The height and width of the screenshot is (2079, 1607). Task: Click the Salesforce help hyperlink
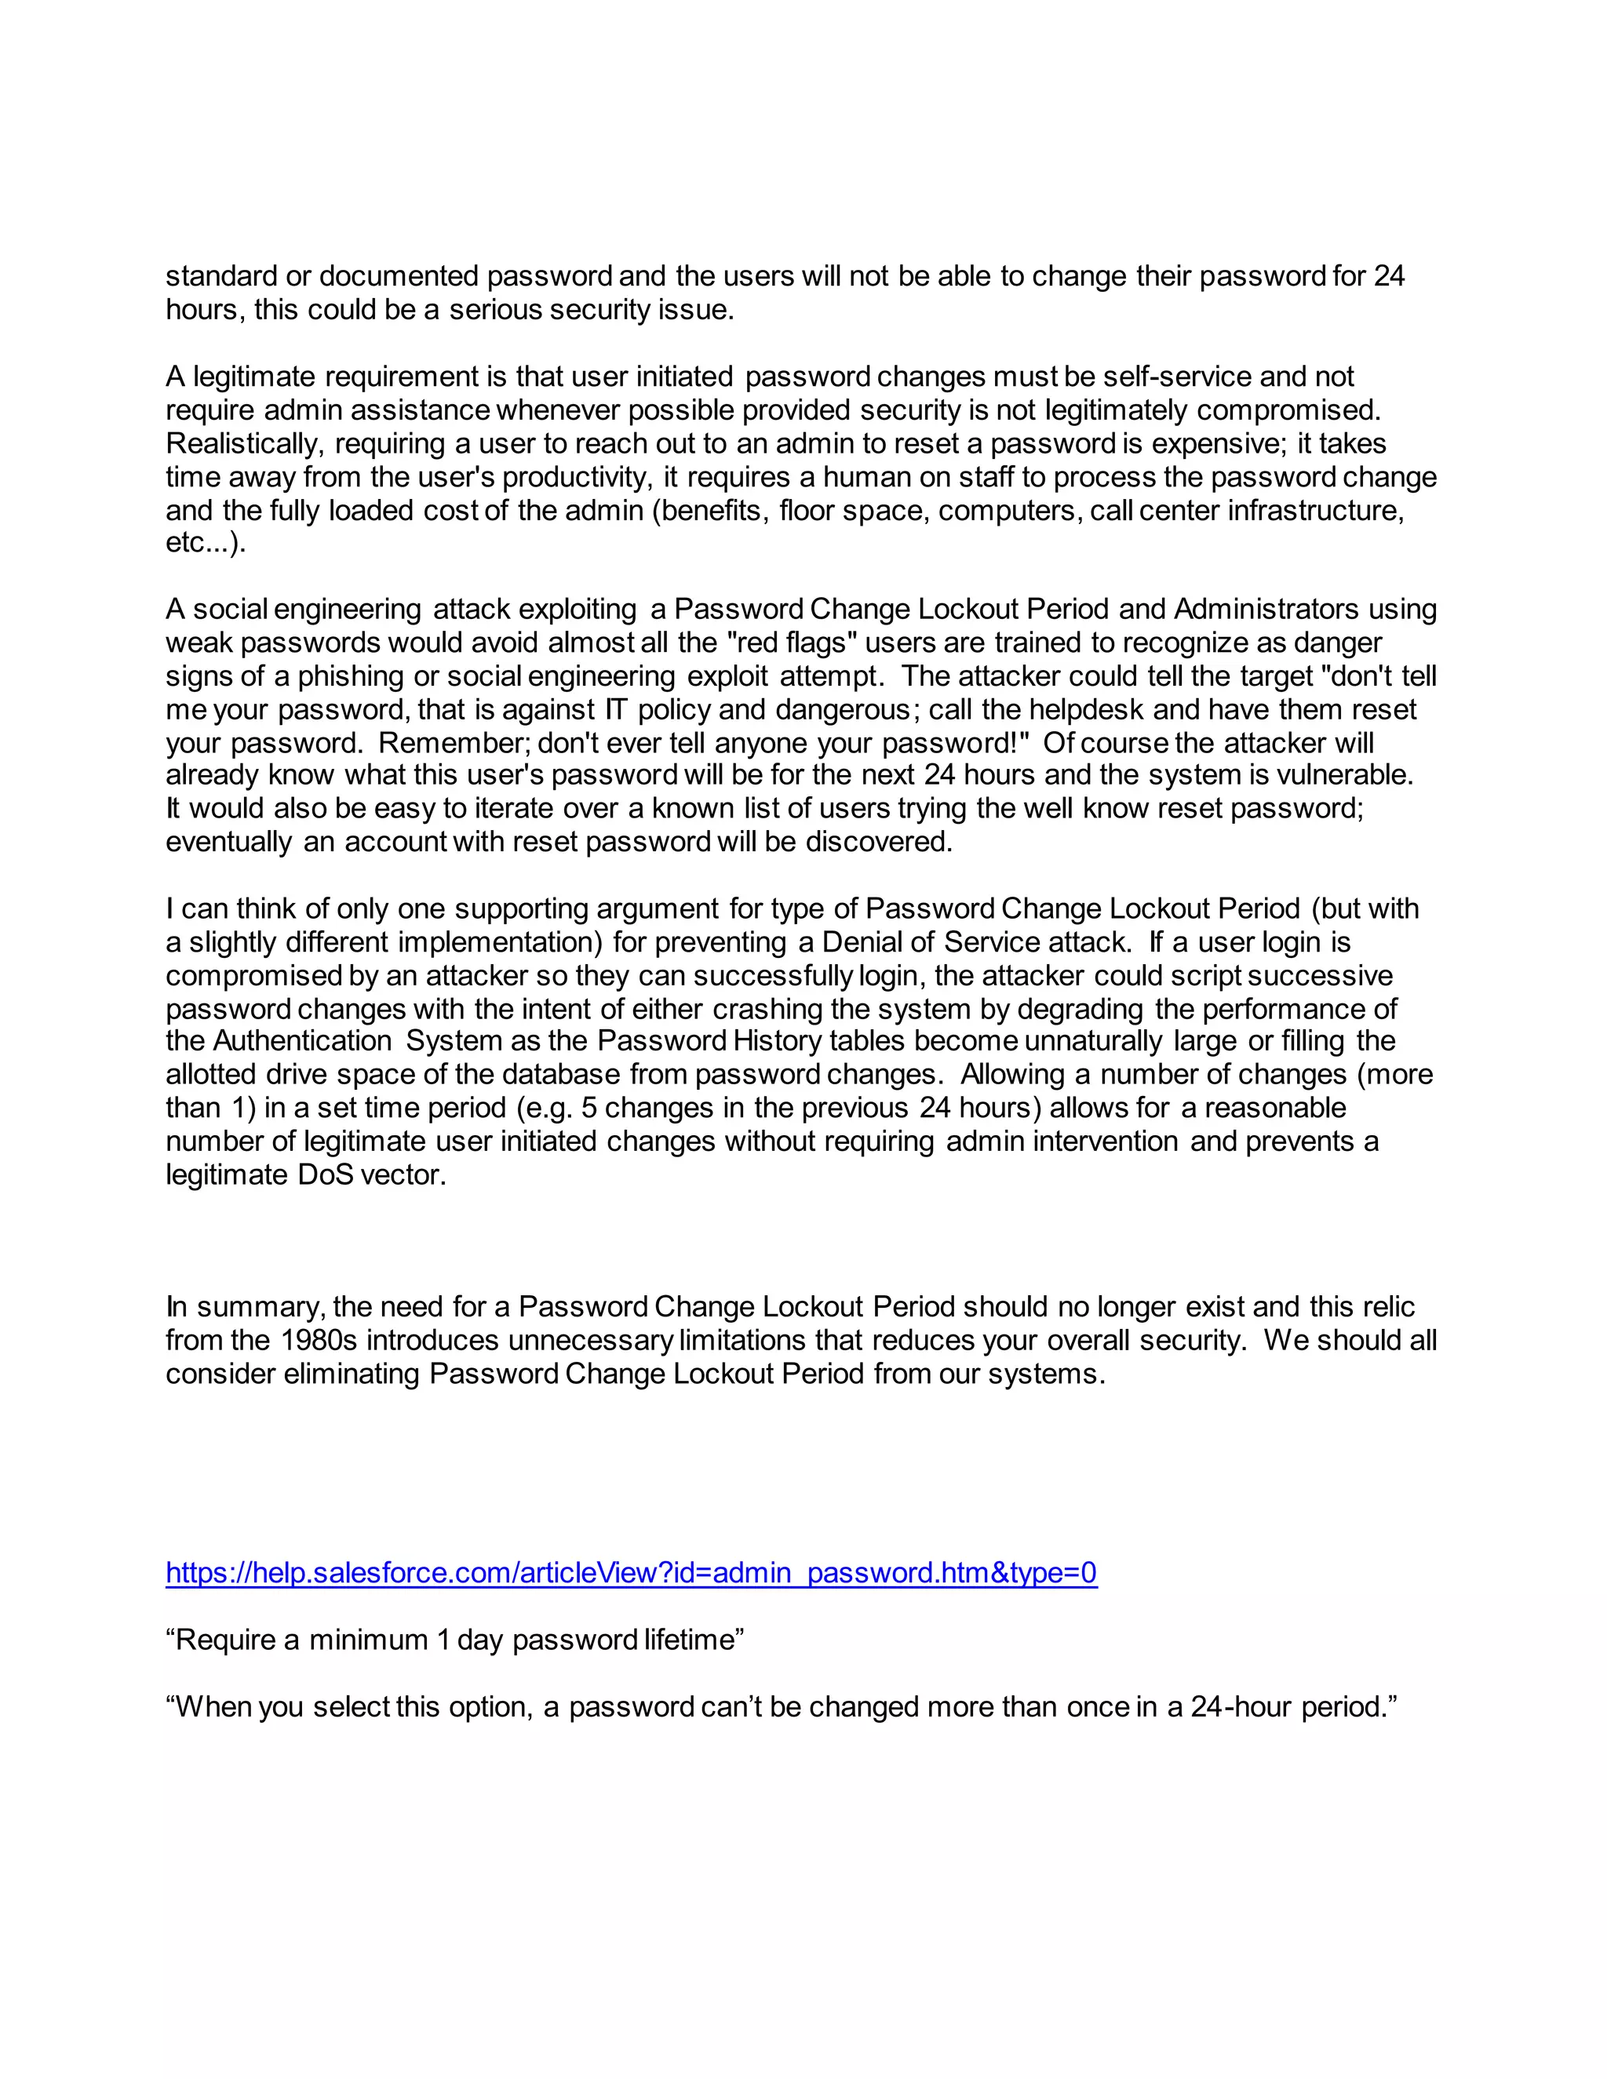(x=631, y=1572)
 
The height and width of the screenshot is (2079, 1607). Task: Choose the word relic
(x=1383, y=1307)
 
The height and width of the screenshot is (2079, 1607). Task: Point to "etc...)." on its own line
(x=206, y=543)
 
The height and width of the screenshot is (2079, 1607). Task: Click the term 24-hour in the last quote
(x=1241, y=1707)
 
